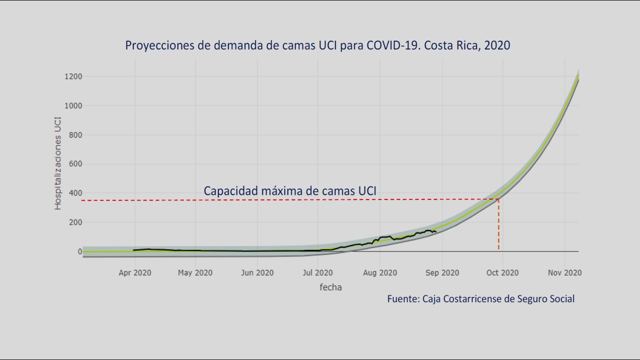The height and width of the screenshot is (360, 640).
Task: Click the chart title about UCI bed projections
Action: pos(317,45)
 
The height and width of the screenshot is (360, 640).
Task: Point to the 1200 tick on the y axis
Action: pos(72,76)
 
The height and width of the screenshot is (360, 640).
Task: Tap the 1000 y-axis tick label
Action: pos(72,105)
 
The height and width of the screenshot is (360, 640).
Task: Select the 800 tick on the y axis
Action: pos(74,135)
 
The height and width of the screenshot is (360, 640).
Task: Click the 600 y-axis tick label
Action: pos(74,164)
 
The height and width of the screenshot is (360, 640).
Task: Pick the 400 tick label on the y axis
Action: pos(74,193)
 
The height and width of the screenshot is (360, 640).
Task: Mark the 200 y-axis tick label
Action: pos(74,222)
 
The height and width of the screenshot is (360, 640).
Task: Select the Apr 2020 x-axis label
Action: pos(135,273)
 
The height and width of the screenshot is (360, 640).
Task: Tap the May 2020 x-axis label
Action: pos(195,273)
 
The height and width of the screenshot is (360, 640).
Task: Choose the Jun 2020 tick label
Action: pos(257,273)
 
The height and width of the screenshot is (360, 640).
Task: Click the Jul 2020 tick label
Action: pos(317,273)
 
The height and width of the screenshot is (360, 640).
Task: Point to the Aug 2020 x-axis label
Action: pos(380,273)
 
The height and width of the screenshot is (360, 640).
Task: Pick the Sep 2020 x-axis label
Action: pos(442,273)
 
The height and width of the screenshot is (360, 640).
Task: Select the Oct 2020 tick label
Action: pos(502,273)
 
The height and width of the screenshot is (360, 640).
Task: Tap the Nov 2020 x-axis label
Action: pos(564,273)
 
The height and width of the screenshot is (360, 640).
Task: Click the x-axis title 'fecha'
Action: pos(330,287)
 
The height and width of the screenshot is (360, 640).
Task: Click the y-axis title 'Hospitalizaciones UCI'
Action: pos(58,163)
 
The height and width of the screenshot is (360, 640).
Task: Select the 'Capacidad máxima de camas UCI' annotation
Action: pos(290,191)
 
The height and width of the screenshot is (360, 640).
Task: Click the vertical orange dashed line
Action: pos(498,225)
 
